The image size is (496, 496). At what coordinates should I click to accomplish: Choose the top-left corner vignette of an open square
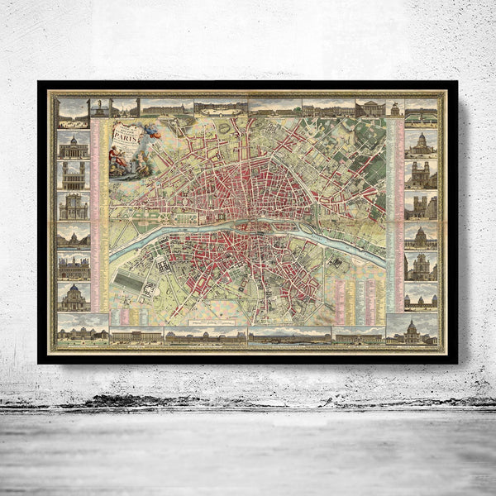[x=74, y=109]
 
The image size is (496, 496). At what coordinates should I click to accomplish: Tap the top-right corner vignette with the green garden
[x=421, y=110]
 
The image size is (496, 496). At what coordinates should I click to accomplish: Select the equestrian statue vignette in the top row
[x=125, y=107]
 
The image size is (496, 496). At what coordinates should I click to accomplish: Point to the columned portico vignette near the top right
[x=369, y=108]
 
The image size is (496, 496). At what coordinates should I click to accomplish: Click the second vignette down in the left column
[x=74, y=145]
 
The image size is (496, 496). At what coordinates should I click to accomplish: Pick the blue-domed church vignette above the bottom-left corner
[x=74, y=296]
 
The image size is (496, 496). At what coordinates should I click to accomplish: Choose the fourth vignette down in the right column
[x=421, y=205]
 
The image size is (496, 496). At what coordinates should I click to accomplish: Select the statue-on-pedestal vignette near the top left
[x=100, y=107]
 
